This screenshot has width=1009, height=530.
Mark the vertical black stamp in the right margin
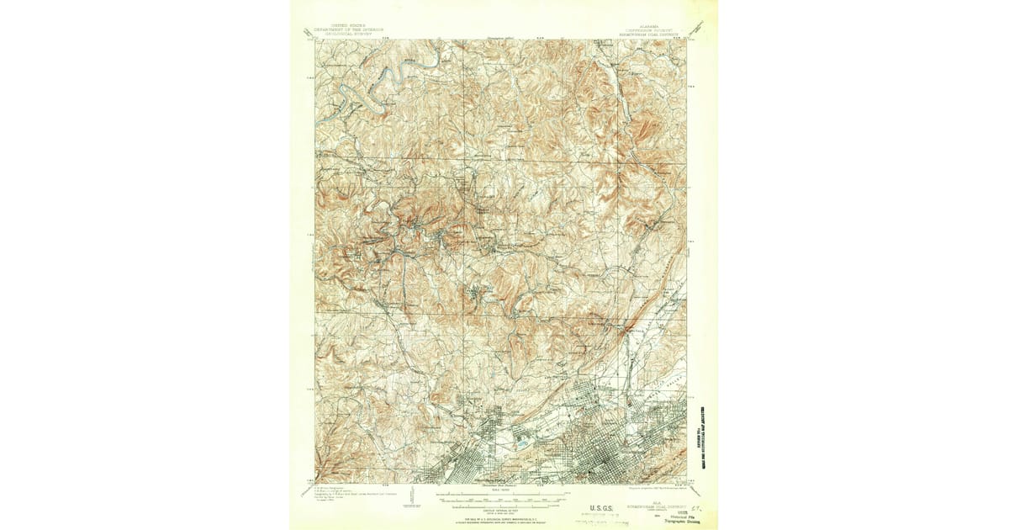coord(700,438)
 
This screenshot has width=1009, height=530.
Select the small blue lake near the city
coord(522,437)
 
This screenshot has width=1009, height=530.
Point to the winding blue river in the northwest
coord(395,80)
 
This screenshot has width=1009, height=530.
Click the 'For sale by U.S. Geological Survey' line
coord(503,521)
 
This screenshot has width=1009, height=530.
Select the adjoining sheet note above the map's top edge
coord(501,36)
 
